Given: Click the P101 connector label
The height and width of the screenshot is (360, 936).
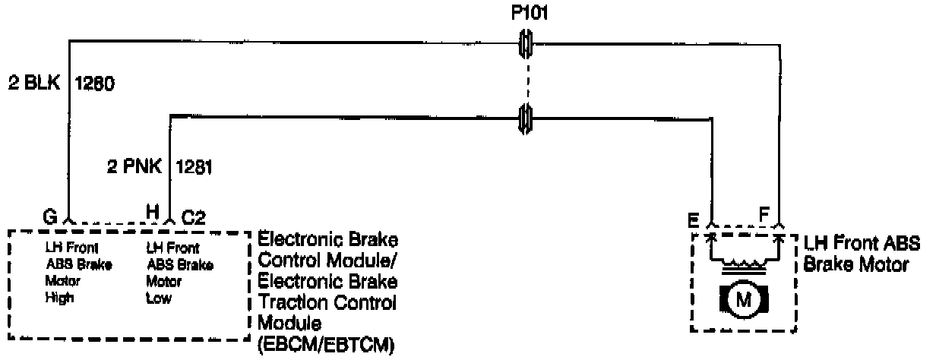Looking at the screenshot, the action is point(525,13).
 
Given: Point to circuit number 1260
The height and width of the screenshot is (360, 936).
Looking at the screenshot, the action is point(94,83).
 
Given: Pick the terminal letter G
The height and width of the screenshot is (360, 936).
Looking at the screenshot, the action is point(50,216).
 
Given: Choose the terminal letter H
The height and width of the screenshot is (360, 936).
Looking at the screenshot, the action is point(153,216).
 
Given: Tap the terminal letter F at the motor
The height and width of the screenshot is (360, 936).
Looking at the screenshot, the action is point(764,215).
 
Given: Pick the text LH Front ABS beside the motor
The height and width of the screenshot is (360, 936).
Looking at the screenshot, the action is point(862,245).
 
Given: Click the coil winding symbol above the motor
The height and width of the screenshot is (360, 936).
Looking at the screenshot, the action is point(744,266).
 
